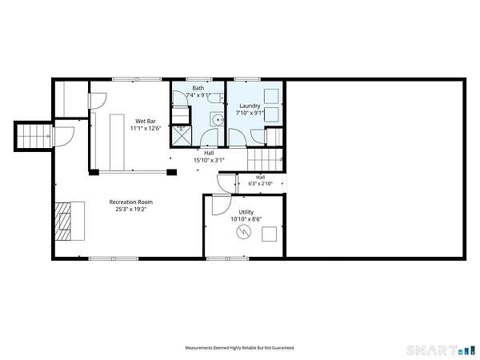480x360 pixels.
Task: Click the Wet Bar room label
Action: [x=146, y=121]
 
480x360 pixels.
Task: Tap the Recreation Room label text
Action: [x=130, y=202]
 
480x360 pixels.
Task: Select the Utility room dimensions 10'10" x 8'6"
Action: [x=246, y=219]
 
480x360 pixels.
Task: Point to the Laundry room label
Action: [x=250, y=106]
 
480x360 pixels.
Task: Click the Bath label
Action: [x=198, y=88]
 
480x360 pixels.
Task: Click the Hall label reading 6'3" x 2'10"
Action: [x=260, y=184]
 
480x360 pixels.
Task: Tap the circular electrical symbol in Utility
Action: [x=244, y=233]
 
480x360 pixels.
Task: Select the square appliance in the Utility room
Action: [x=269, y=234]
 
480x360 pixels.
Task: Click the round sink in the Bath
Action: [x=218, y=119]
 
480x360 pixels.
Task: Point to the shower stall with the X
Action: [x=182, y=135]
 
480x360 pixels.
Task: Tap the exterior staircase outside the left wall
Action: [x=33, y=136]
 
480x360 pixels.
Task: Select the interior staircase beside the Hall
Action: [x=265, y=160]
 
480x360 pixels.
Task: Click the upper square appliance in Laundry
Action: [x=271, y=96]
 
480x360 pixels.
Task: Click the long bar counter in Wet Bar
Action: [x=117, y=142]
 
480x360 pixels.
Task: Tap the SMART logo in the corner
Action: [x=438, y=350]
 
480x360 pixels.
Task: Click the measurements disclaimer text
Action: [x=240, y=348]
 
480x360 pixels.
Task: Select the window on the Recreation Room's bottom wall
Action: [x=114, y=258]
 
